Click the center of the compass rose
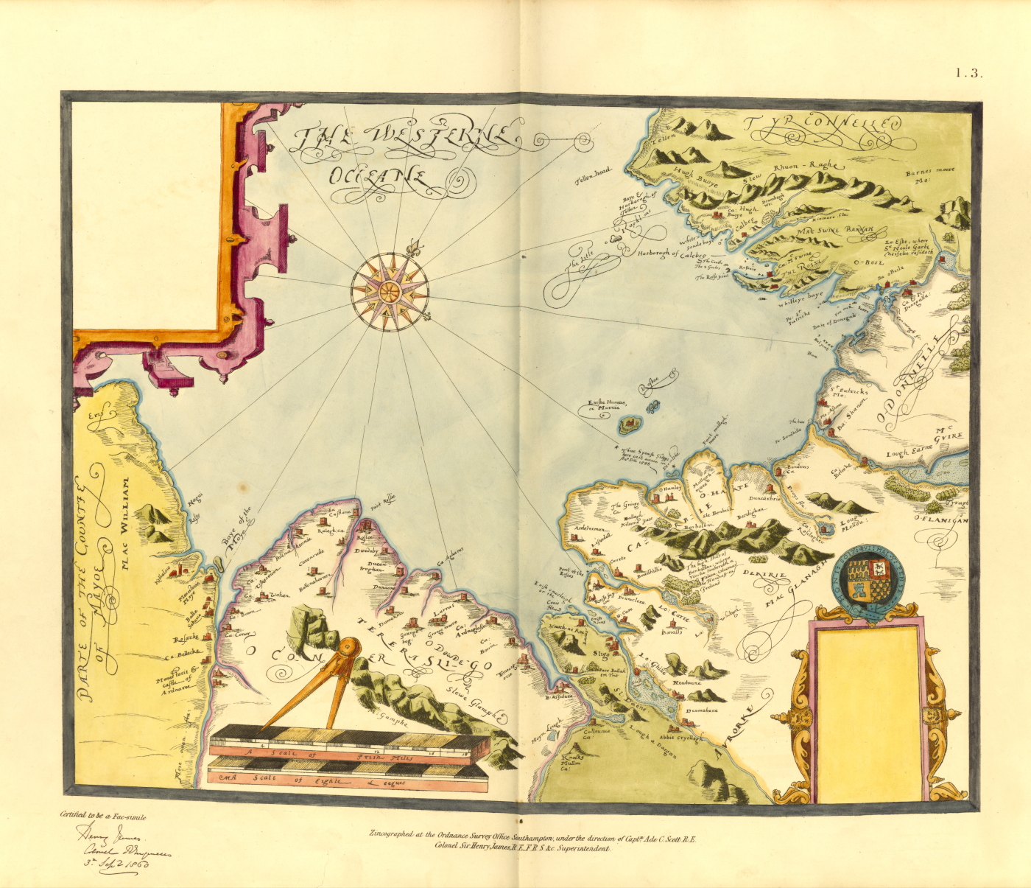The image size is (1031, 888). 390,291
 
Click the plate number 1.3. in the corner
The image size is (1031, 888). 968,72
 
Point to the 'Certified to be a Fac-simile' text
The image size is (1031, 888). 103,816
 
